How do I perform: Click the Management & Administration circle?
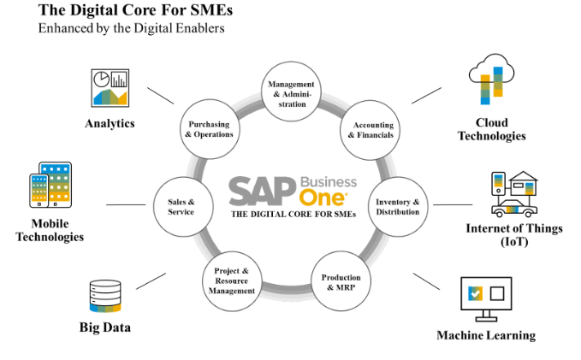pos(292,92)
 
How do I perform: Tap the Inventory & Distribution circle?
pos(398,207)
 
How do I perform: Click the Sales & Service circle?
pos(181,207)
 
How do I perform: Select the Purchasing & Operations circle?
pos(209,129)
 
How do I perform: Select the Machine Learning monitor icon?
pos(485,297)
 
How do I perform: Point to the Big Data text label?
pos(107,328)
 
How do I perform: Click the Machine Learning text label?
pos(486,335)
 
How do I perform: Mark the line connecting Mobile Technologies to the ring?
pos(125,204)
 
